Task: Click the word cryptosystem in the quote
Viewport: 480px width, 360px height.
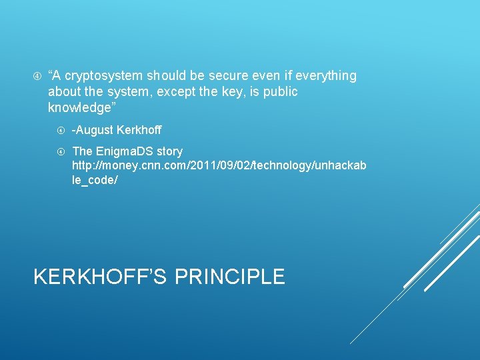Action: point(105,76)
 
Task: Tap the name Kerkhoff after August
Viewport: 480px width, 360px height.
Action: point(139,130)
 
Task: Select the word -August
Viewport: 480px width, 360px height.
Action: point(93,130)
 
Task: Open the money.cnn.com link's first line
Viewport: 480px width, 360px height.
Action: point(219,166)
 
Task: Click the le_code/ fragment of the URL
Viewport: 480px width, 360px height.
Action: point(95,181)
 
